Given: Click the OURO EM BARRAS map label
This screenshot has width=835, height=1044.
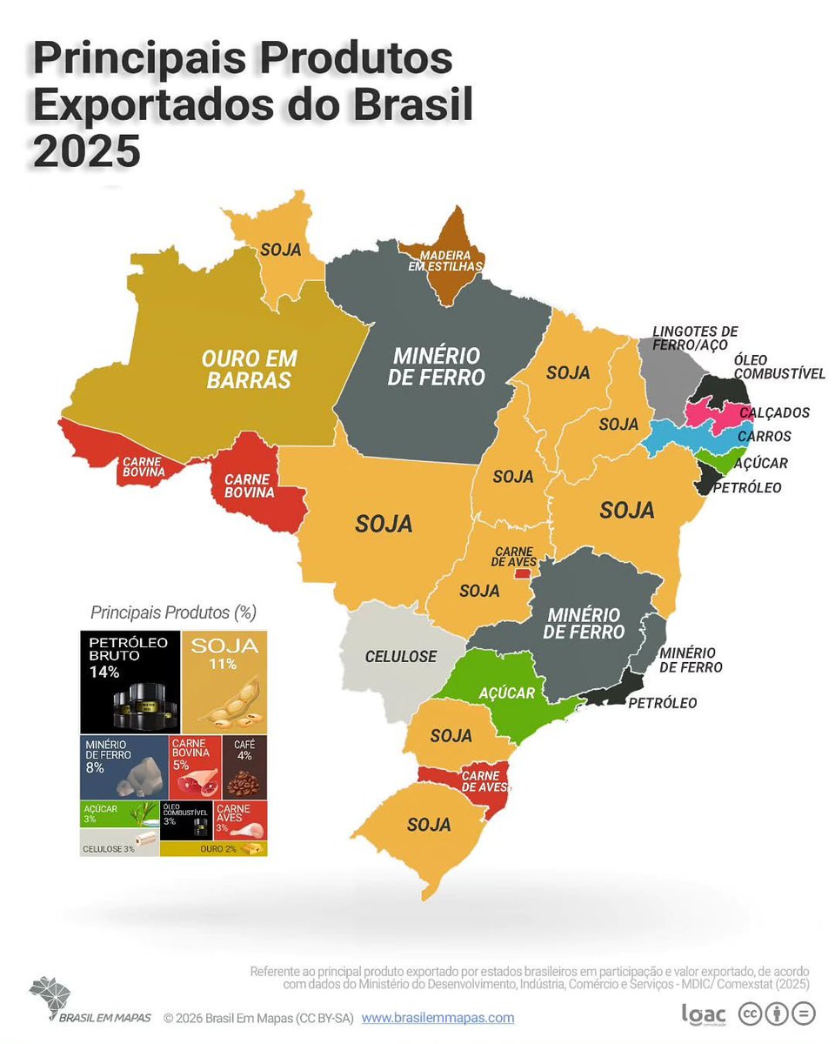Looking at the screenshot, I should (250, 370).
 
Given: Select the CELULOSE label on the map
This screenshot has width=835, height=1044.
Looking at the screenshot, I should (401, 657).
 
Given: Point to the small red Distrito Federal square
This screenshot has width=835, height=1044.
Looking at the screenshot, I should (521, 573).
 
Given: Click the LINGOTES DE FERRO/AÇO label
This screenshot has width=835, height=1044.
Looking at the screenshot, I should (695, 338).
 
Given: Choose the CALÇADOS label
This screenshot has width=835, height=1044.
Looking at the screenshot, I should (774, 412).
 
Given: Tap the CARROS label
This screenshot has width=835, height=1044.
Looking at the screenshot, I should (764, 436).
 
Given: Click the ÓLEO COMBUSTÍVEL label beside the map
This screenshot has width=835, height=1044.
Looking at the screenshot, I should (778, 366).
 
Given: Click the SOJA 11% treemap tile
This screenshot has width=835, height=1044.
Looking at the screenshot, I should (225, 682).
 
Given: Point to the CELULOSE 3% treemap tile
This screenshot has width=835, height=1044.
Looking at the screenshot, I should (118, 848).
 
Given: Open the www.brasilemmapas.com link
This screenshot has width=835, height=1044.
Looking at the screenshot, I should (438, 1017).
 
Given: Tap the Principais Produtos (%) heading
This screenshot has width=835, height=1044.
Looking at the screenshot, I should (173, 612).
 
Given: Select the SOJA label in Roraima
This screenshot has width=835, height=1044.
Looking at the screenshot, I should (280, 250).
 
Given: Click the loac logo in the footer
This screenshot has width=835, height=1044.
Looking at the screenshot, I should (704, 1014).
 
